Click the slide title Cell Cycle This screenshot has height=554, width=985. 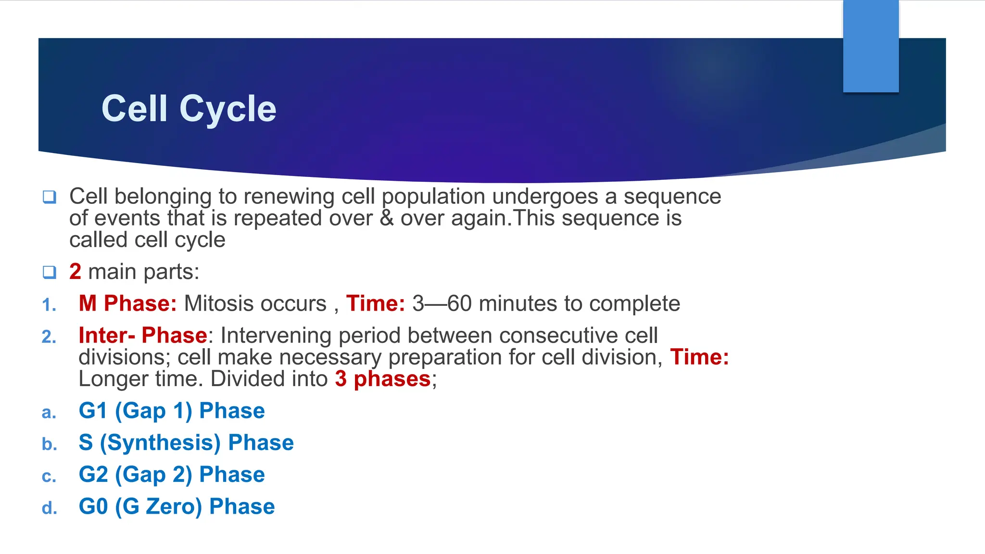click(189, 109)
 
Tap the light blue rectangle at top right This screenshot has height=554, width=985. click(871, 46)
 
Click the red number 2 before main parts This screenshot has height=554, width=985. click(75, 272)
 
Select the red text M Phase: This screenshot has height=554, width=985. click(127, 304)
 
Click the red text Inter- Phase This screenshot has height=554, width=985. click(143, 336)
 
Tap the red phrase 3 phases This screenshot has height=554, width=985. click(382, 379)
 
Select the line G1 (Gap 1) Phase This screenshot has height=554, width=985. click(172, 411)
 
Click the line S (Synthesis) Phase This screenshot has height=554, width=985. click(186, 443)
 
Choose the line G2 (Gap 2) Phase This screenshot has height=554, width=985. click(172, 475)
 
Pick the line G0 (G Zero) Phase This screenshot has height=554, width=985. click(177, 507)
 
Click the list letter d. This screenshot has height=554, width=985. click(49, 508)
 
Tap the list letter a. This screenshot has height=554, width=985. click(49, 413)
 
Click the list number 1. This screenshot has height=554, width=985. click(49, 305)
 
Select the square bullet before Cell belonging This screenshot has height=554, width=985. click(50, 197)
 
